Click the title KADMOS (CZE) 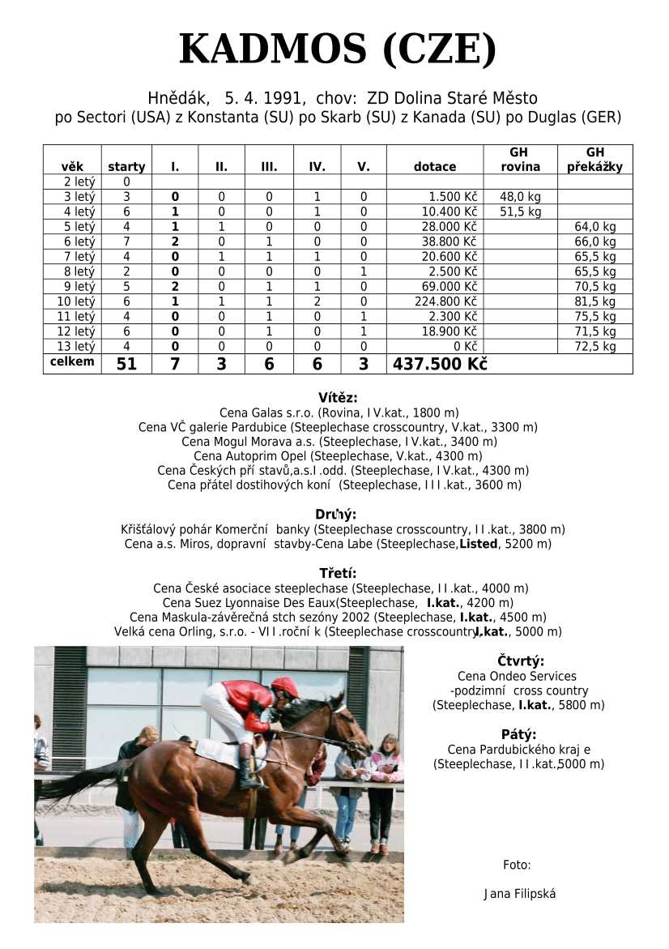coord(337,50)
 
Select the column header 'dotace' coord(435,167)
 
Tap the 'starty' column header coord(126,167)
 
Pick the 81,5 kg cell coord(595,301)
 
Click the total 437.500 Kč coord(440,365)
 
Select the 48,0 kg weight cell coord(520,197)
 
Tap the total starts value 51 coord(126,365)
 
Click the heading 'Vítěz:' coord(337,398)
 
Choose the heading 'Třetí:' coord(337,574)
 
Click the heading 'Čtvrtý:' coord(520,660)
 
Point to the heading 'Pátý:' coord(519,735)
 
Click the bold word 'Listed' coord(478,544)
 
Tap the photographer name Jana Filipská coord(519,894)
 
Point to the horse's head coord(344,725)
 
